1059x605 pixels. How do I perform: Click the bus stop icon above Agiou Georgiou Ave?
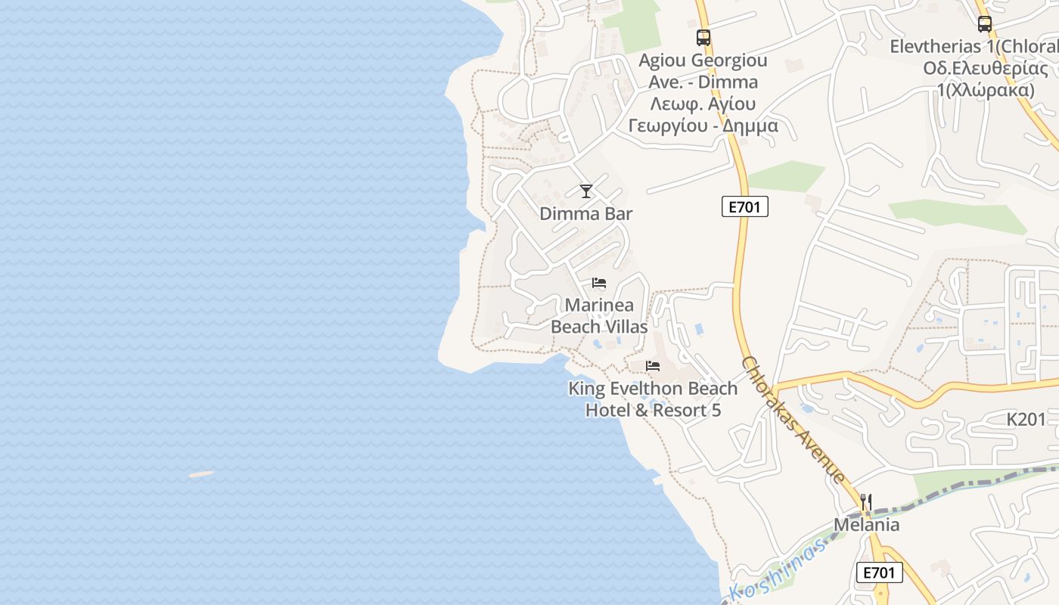pyautogui.click(x=703, y=37)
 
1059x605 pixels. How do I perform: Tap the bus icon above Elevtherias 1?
pyautogui.click(x=984, y=23)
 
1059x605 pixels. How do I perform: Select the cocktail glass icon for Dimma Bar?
pyautogui.click(x=586, y=191)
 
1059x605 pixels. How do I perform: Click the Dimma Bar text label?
pyautogui.click(x=585, y=214)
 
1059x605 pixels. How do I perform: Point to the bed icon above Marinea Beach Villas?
pyautogui.click(x=599, y=283)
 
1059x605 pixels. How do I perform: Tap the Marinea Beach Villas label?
pyautogui.click(x=599, y=316)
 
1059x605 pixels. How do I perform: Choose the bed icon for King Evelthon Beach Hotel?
pyautogui.click(x=653, y=366)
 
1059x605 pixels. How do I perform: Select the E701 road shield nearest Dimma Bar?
pyautogui.click(x=744, y=206)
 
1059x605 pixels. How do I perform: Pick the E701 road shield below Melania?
pyautogui.click(x=880, y=572)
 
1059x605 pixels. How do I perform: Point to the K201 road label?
pyautogui.click(x=1026, y=419)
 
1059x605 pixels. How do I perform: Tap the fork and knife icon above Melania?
pyautogui.click(x=866, y=502)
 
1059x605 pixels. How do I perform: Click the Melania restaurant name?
pyautogui.click(x=867, y=525)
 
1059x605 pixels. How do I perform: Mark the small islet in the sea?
pyautogui.click(x=201, y=474)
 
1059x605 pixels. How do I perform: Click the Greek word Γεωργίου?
pyautogui.click(x=669, y=126)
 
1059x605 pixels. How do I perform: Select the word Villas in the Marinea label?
pyautogui.click(x=622, y=327)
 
